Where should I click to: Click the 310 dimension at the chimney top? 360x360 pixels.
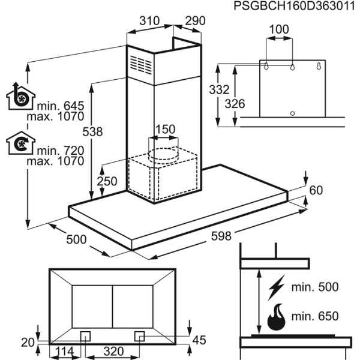pyautogui.click(x=148, y=21)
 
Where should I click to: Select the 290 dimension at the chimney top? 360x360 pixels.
pyautogui.click(x=195, y=21)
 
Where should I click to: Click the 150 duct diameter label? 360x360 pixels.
pyautogui.click(x=165, y=130)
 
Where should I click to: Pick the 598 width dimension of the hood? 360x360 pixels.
pyautogui.click(x=221, y=236)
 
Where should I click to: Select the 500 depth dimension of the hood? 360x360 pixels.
pyautogui.click(x=77, y=239)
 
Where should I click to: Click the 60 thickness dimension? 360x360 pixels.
pyautogui.click(x=316, y=191)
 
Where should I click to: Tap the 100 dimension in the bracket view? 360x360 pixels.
pyautogui.click(x=278, y=28)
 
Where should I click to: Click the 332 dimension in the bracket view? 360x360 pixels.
pyautogui.click(x=220, y=90)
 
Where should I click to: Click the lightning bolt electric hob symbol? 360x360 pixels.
pyautogui.click(x=277, y=287)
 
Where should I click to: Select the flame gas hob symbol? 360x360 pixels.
pyautogui.click(x=277, y=316)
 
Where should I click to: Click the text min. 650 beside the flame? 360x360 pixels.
pyautogui.click(x=315, y=316)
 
